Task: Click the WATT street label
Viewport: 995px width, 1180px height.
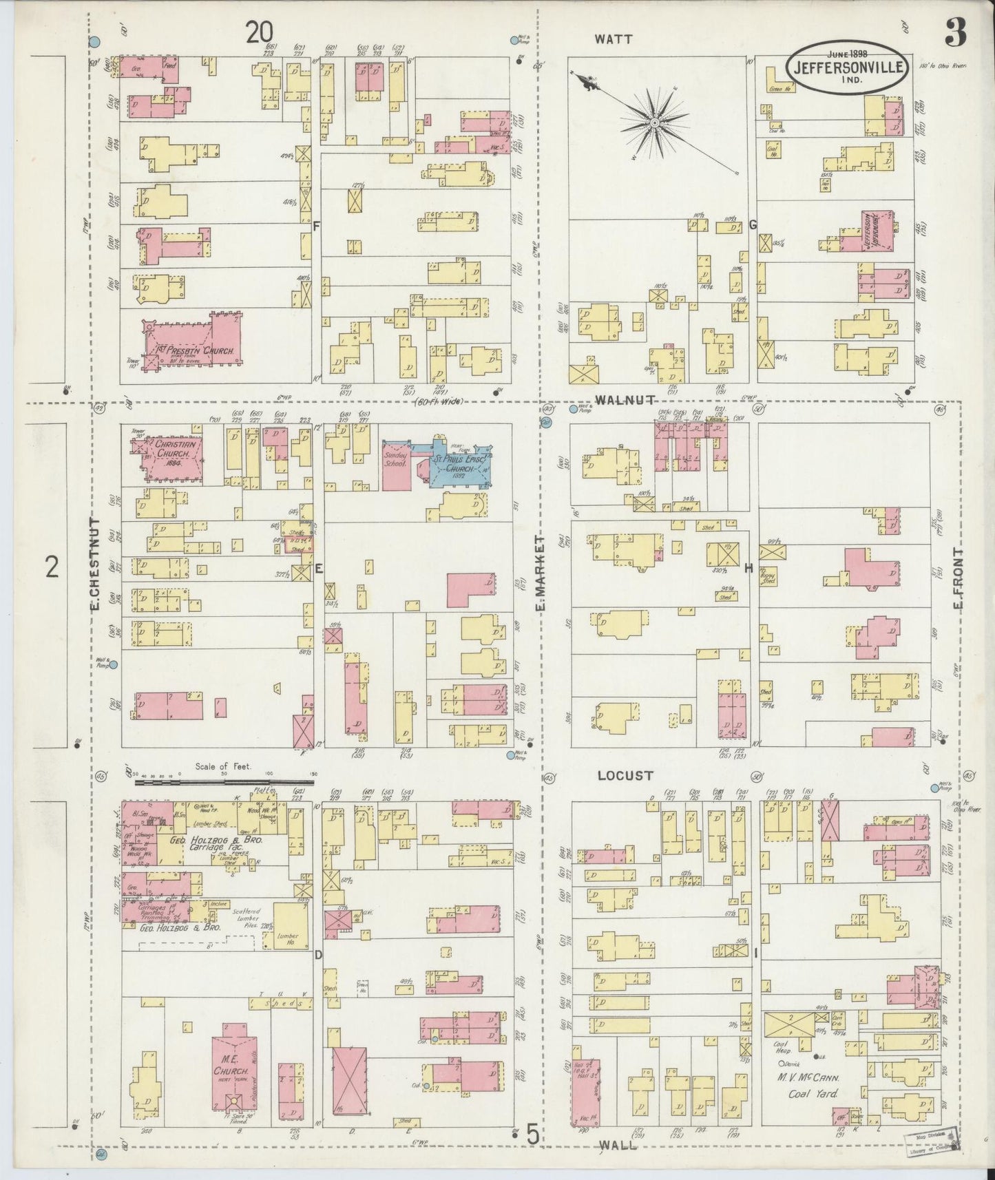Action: [x=614, y=40]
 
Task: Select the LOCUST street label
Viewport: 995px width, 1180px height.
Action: [x=625, y=775]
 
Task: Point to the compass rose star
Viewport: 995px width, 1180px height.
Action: [x=653, y=124]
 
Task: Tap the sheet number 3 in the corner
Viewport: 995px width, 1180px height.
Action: [x=954, y=32]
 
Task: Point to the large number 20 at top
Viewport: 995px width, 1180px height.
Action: [x=260, y=32]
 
